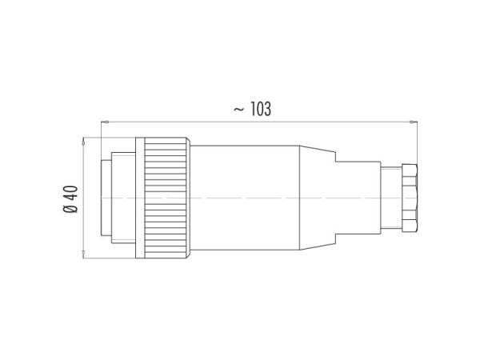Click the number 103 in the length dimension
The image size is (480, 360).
[x=261, y=109]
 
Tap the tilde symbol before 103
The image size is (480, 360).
[x=238, y=109]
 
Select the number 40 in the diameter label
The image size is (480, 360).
[x=70, y=193]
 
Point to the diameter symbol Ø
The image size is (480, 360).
[x=70, y=209]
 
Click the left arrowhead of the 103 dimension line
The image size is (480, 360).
[x=105, y=122]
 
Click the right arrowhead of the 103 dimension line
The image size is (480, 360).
[x=414, y=122]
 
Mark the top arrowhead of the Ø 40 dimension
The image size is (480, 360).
[x=83, y=142]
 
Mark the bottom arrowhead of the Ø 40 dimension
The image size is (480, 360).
[x=83, y=254]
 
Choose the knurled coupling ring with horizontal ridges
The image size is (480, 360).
[x=167, y=198]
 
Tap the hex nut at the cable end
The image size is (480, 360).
[x=410, y=198]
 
